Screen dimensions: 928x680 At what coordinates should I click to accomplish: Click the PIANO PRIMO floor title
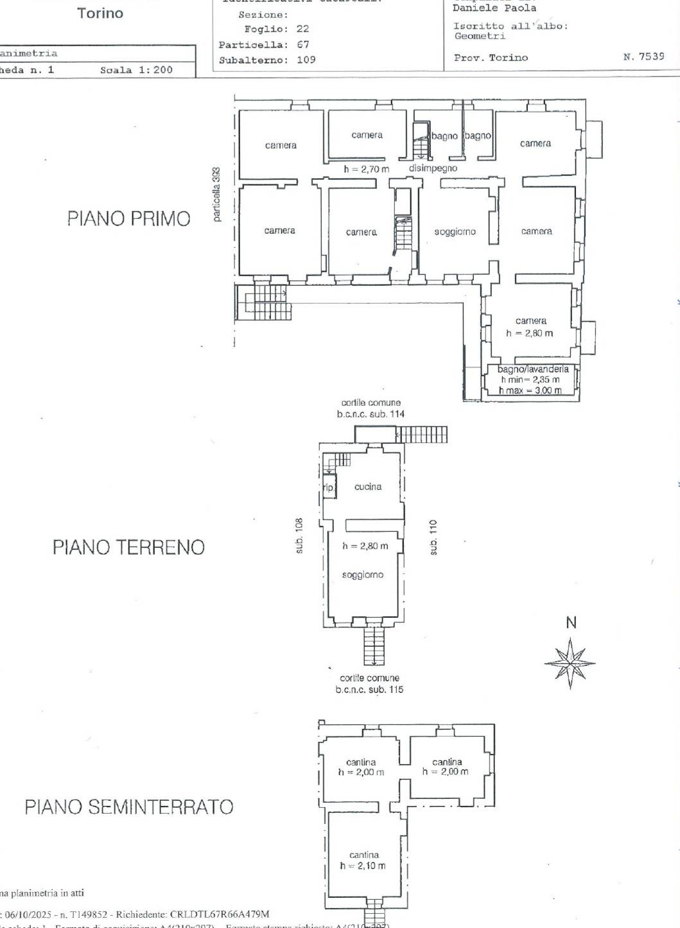128,218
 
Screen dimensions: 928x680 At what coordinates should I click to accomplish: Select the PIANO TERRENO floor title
128,547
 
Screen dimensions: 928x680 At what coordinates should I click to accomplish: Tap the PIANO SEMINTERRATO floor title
128,807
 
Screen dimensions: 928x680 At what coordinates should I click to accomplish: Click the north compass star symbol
570,663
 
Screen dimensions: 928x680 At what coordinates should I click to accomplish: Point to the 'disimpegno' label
433,168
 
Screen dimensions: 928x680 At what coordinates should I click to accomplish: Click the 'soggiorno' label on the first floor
455,232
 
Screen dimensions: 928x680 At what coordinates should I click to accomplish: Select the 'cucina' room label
368,487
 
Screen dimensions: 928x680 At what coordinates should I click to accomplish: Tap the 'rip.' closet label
328,488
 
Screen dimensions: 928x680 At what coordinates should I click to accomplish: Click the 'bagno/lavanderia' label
532,369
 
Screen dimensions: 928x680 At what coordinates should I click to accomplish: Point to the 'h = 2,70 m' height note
366,170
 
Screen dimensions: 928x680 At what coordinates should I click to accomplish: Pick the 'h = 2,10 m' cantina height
363,866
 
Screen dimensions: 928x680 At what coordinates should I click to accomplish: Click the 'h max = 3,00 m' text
530,390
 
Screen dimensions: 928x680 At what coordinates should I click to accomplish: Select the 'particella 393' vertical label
217,195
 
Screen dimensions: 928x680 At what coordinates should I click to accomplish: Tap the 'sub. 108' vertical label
299,535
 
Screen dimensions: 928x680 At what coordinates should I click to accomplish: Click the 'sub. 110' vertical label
433,538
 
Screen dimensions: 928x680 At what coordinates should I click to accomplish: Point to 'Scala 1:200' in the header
136,70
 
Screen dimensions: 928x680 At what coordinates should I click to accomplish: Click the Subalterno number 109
306,60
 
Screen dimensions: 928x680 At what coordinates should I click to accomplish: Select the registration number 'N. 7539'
643,57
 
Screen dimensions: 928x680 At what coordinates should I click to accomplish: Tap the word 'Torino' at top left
100,13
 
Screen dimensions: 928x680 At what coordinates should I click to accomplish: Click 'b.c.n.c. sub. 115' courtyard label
369,690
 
